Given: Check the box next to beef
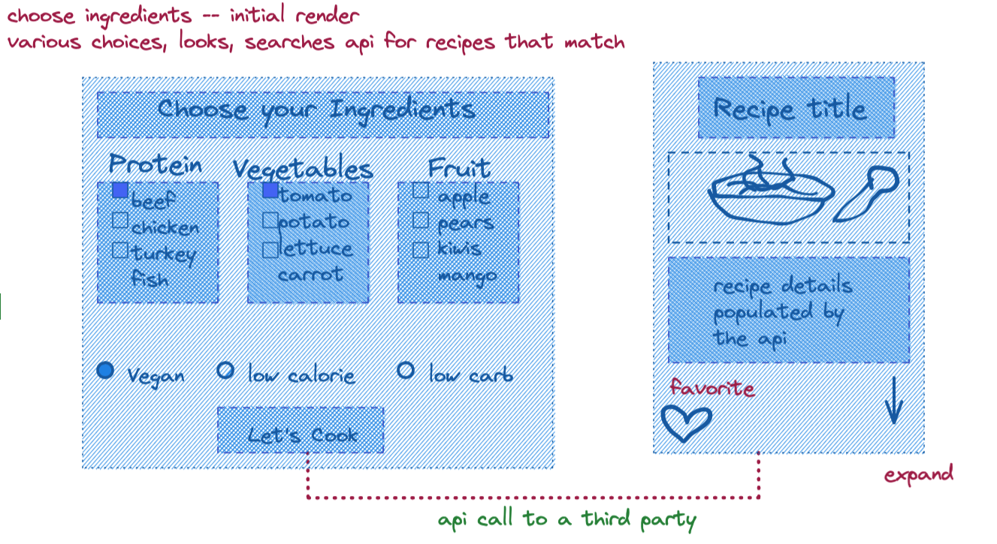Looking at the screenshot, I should point(120,191).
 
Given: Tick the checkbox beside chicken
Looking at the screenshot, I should point(120,220).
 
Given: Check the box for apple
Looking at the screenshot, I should point(421,191).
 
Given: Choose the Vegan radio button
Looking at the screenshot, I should point(106,370).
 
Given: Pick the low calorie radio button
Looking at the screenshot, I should point(225,370).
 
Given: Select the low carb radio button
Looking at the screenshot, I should point(406,370).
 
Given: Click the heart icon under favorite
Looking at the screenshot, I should point(686,423).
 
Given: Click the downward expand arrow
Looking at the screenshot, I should point(893,401).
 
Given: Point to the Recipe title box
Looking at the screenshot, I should point(796,108).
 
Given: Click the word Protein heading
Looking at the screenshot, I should point(156,164).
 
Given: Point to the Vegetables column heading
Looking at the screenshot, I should point(302,168).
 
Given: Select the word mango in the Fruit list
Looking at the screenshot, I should point(467,275).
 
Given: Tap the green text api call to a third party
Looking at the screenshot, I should point(566,519).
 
